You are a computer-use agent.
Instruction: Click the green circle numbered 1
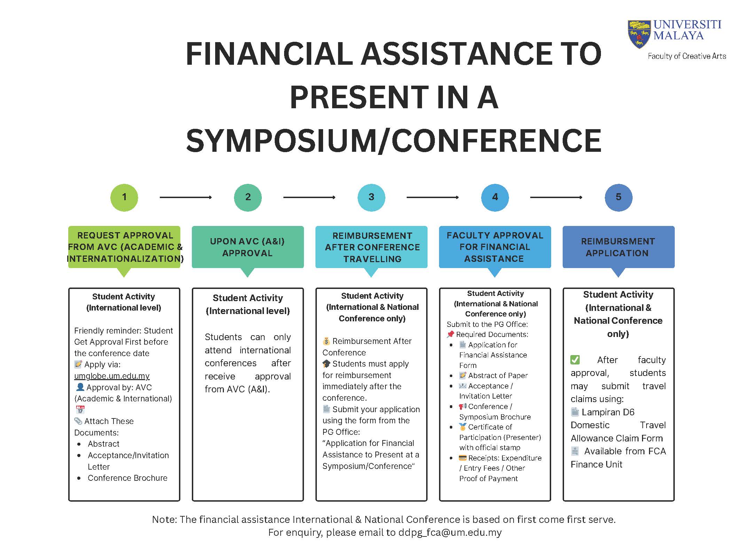pyautogui.click(x=124, y=197)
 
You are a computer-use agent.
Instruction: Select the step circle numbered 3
pyautogui.click(x=371, y=197)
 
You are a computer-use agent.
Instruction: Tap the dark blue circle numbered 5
pyautogui.click(x=618, y=197)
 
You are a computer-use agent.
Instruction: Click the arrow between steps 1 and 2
pyautogui.click(x=186, y=197)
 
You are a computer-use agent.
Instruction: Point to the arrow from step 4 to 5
pyautogui.click(x=556, y=197)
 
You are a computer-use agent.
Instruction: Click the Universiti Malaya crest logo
pyautogui.click(x=639, y=34)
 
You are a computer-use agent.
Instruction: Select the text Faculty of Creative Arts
pyautogui.click(x=687, y=56)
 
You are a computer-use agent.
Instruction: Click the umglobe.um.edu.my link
pyautogui.click(x=112, y=376)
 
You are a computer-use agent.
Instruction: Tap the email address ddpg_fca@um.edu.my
pyautogui.click(x=450, y=532)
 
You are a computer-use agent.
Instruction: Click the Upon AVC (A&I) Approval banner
pyautogui.click(x=248, y=247)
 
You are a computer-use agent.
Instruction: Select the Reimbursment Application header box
pyautogui.click(x=618, y=247)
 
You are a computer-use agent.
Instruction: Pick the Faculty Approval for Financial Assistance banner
pyautogui.click(x=495, y=247)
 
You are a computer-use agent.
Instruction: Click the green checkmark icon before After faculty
pyautogui.click(x=575, y=360)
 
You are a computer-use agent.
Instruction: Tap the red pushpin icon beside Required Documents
pyautogui.click(x=450, y=334)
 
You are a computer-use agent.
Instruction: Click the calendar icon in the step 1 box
pyautogui.click(x=80, y=410)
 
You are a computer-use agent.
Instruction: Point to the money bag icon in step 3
pyautogui.click(x=326, y=341)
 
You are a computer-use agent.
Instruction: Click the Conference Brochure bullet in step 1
pyautogui.click(x=127, y=478)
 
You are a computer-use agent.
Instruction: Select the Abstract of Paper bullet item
pyautogui.click(x=498, y=376)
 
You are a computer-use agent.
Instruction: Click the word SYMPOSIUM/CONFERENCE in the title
pyautogui.click(x=393, y=140)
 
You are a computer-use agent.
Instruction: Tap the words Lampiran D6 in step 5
pyautogui.click(x=608, y=412)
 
